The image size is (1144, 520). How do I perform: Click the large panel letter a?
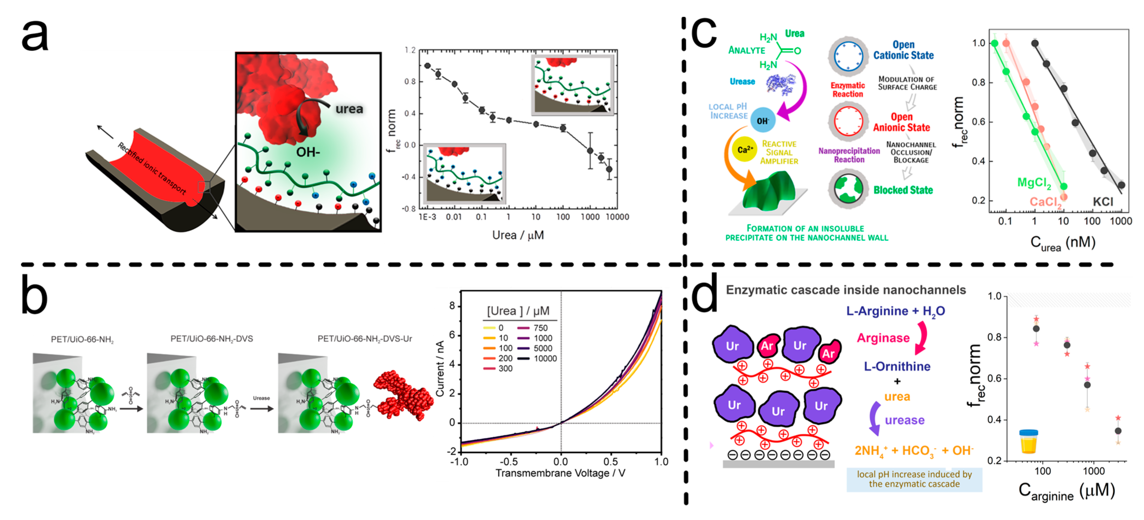(35, 36)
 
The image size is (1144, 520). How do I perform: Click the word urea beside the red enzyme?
(349, 109)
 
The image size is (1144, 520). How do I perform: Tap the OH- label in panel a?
(308, 152)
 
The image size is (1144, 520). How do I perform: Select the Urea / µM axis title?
(518, 235)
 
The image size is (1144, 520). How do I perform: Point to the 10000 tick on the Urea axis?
(617, 217)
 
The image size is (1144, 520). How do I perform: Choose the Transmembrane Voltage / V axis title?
(560, 473)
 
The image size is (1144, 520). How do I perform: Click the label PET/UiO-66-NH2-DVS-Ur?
(365, 339)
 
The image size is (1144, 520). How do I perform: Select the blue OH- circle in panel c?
(763, 120)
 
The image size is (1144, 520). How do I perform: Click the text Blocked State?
(903, 190)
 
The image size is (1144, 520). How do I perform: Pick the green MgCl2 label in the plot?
(1034, 183)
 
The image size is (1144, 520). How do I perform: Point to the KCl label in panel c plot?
(1103, 202)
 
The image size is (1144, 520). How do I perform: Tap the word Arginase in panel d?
(883, 338)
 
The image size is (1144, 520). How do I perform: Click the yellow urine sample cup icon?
(1029, 441)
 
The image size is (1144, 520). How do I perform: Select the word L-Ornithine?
(897, 367)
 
